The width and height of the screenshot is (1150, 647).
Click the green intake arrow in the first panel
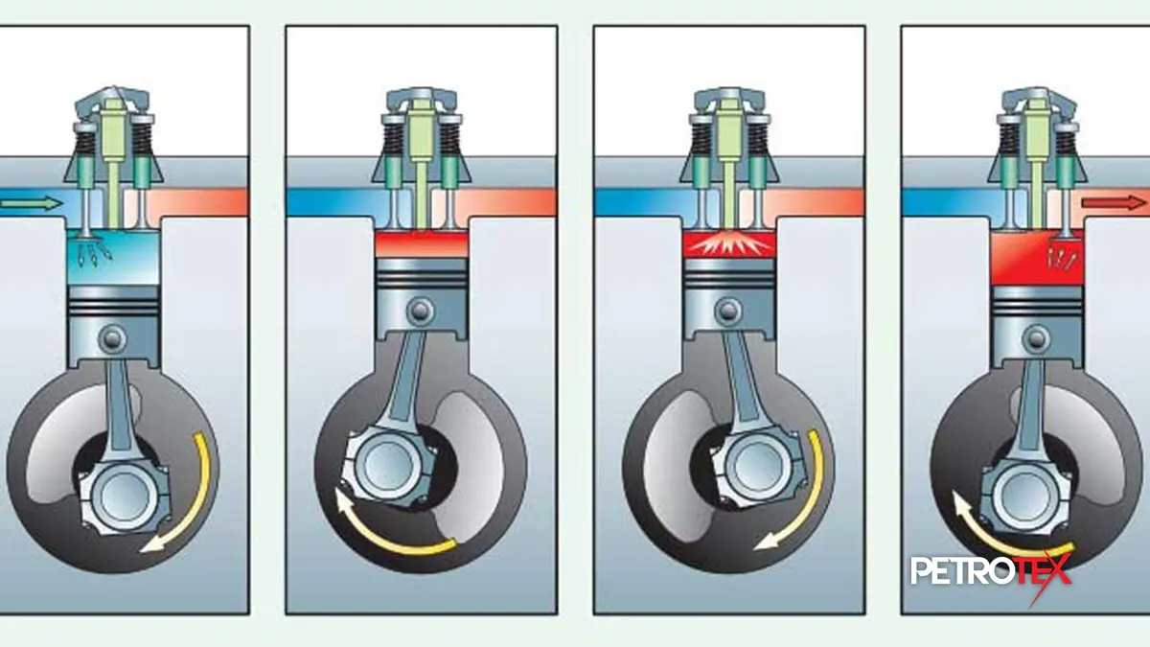(22, 202)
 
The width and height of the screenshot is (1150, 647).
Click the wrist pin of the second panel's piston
(420, 310)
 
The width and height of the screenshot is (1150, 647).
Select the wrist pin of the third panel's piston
(728, 310)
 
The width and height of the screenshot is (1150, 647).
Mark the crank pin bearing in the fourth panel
(1018, 492)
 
